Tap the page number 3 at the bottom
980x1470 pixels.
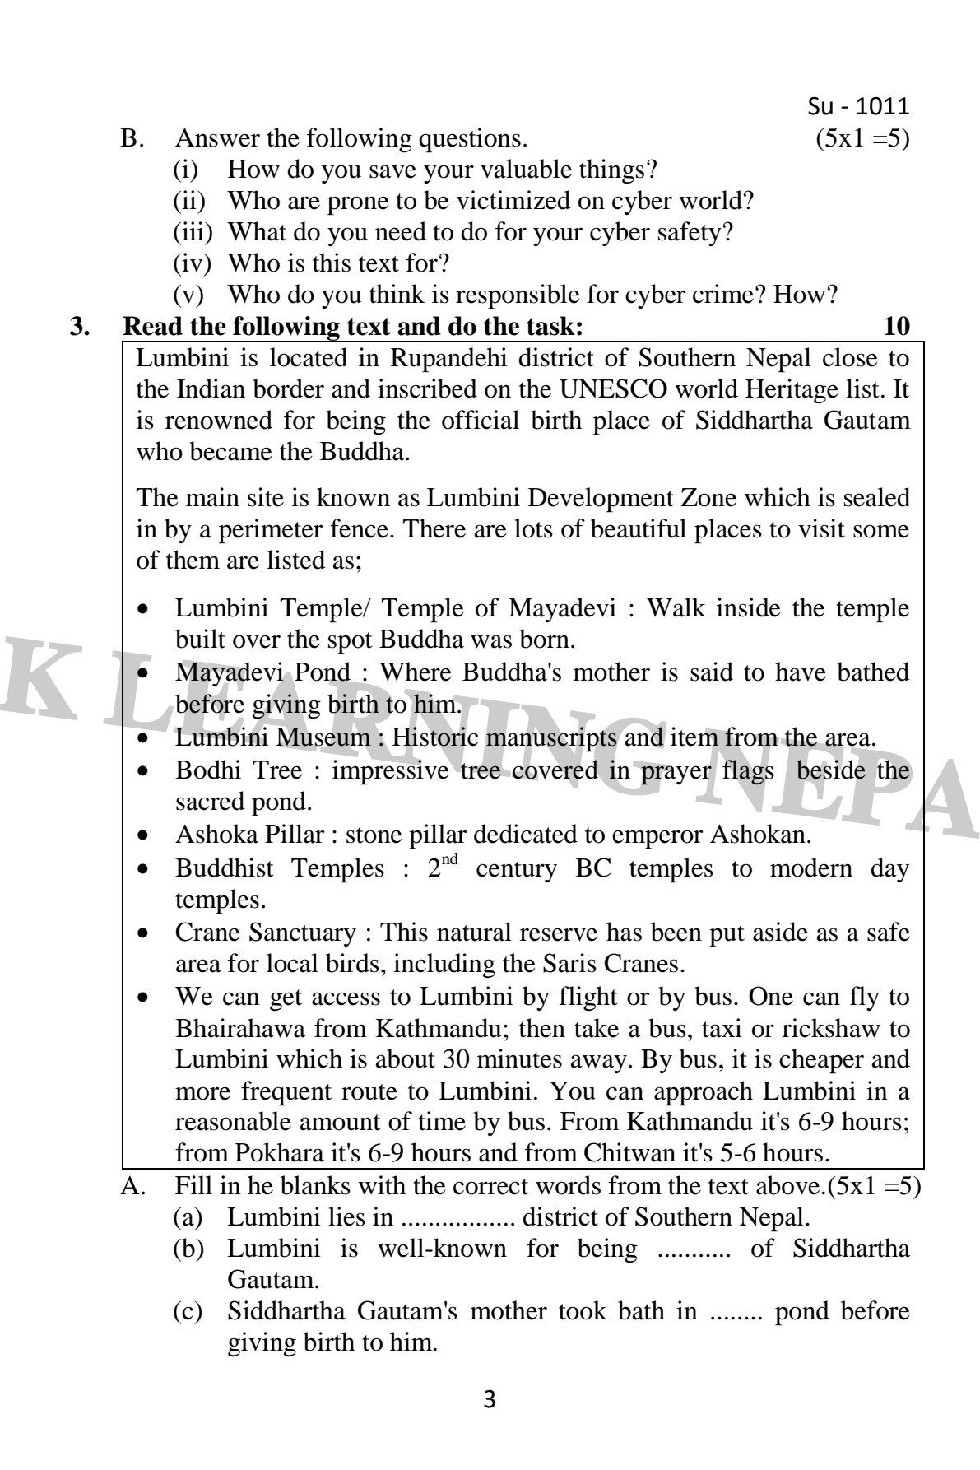pyautogui.click(x=490, y=1398)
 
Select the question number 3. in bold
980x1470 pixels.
pyautogui.click(x=80, y=327)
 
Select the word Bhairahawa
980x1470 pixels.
pyautogui.click(x=240, y=1029)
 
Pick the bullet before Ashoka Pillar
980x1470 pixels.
pyautogui.click(x=145, y=836)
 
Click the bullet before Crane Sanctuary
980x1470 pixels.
pyautogui.click(x=145, y=934)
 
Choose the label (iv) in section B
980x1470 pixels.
pyautogui.click(x=191, y=263)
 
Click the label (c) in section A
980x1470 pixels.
pyautogui.click(x=188, y=1311)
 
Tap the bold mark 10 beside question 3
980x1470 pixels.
pyautogui.click(x=895, y=327)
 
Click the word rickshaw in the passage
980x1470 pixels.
pyautogui.click(x=836, y=1029)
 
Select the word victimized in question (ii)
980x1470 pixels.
pyautogui.click(x=554, y=200)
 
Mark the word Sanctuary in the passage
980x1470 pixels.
pyautogui.click(x=302, y=933)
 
